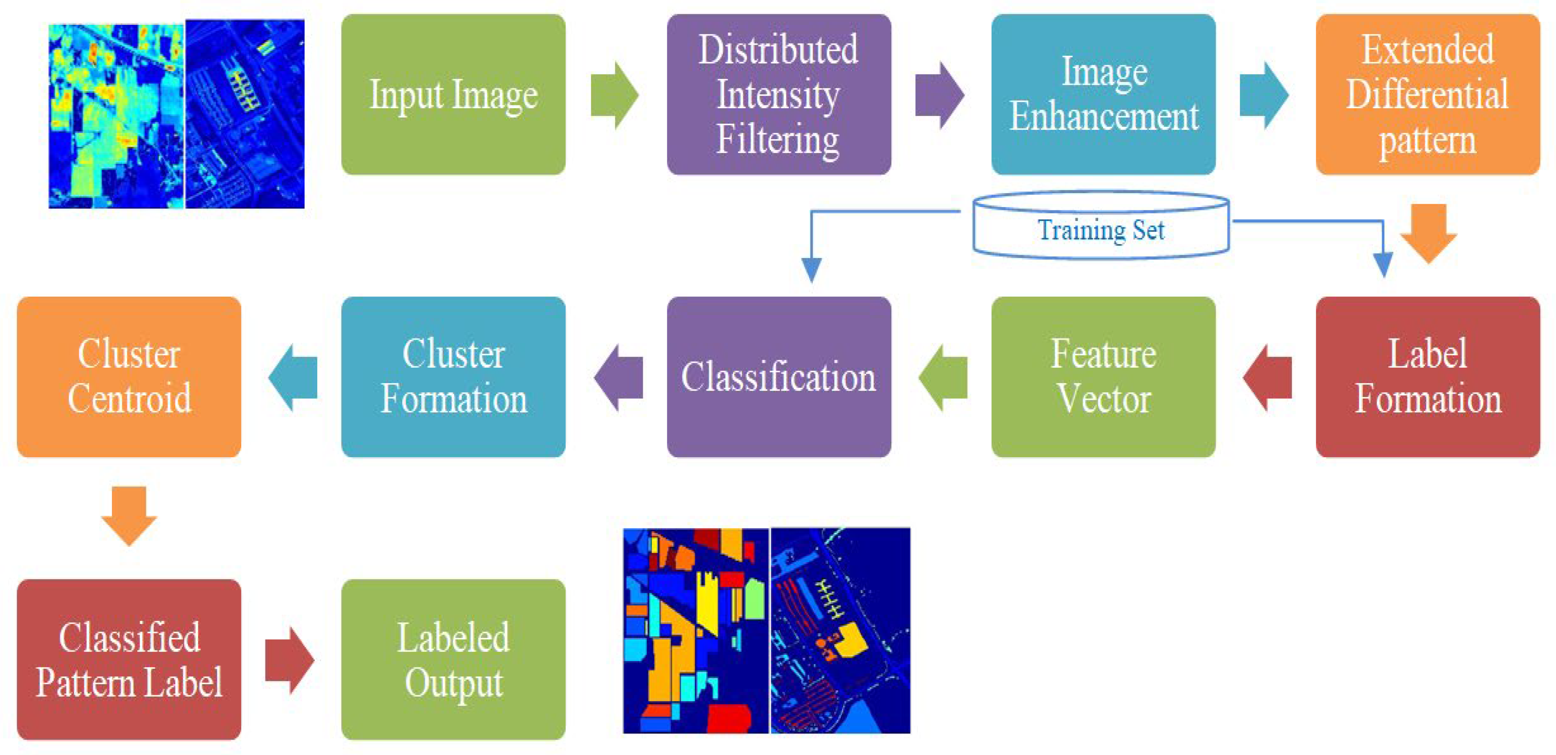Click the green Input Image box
pos(453,95)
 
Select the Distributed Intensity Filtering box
pos(779,95)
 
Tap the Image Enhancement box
pos(1103,95)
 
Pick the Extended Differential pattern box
pos(1428,95)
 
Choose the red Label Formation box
pos(1428,377)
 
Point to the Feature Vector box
pos(1103,377)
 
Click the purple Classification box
pos(779,377)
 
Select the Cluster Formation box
pos(453,377)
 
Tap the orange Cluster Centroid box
pos(128,377)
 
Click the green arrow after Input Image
pos(614,95)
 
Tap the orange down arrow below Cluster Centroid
pos(128,515)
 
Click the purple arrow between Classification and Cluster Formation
pos(619,378)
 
